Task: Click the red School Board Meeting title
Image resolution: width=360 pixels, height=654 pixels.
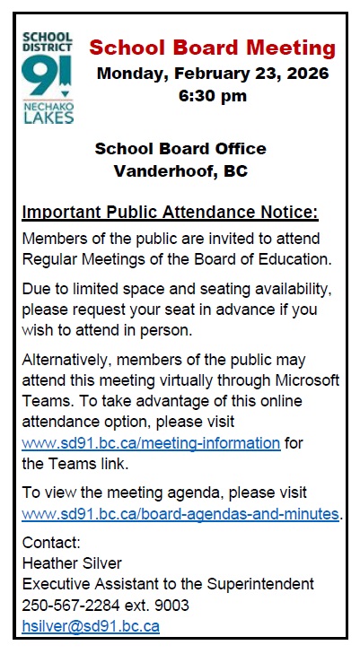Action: (213, 48)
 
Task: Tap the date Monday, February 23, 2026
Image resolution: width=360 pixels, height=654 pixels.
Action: (213, 73)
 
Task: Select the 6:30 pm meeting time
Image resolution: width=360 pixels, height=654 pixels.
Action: (213, 95)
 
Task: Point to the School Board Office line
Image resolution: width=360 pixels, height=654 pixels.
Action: (180, 148)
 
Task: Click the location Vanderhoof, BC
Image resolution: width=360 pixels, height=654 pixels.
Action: (180, 170)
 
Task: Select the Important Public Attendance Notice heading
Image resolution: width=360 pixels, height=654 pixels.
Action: (170, 213)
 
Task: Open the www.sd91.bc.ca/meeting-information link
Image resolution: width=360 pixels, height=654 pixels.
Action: (151, 442)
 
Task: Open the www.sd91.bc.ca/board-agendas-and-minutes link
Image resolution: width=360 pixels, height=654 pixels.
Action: (180, 515)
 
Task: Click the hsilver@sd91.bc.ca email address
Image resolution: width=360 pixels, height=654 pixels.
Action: (91, 626)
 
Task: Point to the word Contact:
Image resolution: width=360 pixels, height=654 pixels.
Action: (51, 543)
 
